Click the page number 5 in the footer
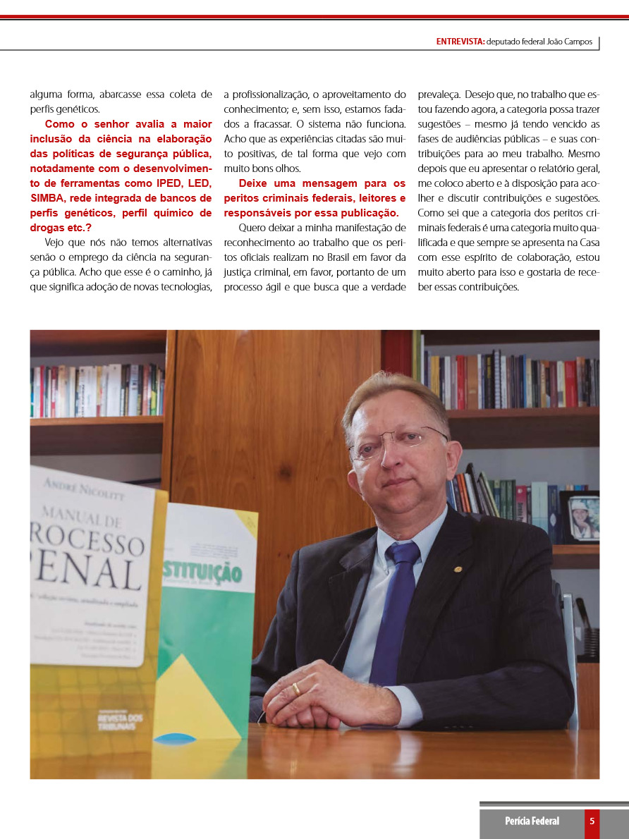(x=592, y=821)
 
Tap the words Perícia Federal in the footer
(x=532, y=821)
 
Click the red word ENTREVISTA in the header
(x=460, y=42)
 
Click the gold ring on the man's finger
(x=296, y=688)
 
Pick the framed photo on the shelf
(x=583, y=518)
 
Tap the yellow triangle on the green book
(x=198, y=697)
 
